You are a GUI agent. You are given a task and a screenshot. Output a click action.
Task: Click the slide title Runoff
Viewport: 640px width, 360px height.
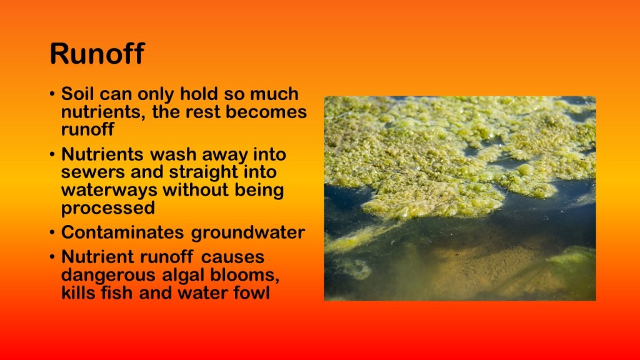tap(97, 54)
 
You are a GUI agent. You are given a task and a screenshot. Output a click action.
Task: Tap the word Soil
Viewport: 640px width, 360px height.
tap(77, 94)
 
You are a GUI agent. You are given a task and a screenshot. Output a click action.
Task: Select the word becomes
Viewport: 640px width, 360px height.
tap(266, 111)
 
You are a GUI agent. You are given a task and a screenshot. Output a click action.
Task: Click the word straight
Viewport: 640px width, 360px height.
tap(203, 172)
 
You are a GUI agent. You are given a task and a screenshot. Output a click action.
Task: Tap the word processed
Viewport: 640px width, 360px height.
tap(108, 208)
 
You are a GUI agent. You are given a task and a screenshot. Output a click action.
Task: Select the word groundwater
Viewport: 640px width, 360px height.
tap(248, 232)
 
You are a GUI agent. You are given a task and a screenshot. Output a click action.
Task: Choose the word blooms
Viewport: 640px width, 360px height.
tap(245, 275)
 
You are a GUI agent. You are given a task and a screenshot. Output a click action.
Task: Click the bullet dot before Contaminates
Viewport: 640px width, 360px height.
tap(52, 232)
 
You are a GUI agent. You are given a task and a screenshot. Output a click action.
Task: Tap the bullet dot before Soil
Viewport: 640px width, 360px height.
tap(52, 94)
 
